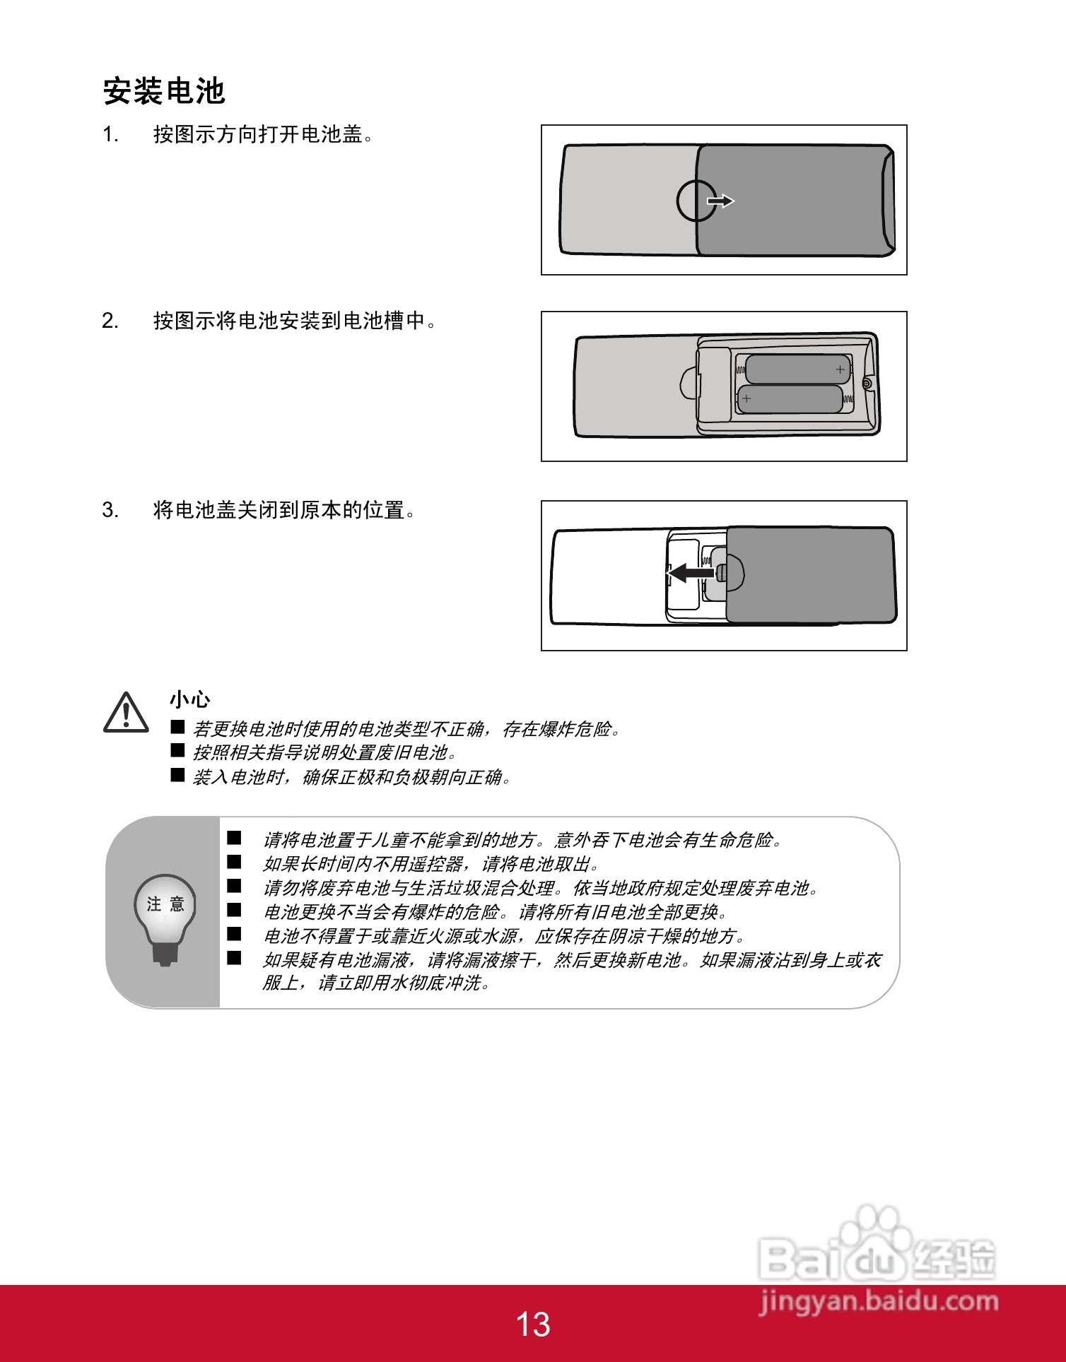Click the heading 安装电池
point(164,92)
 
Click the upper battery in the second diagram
point(797,369)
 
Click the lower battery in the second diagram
point(790,399)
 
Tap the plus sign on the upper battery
point(840,369)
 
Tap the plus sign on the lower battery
point(746,399)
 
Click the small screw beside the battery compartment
point(867,384)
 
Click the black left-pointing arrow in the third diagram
point(691,572)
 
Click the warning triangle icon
point(126,713)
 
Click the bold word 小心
point(189,699)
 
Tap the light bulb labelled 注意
point(165,916)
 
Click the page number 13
point(532,1325)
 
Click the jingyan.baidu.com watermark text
point(879,1301)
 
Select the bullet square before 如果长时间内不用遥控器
point(234,863)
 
